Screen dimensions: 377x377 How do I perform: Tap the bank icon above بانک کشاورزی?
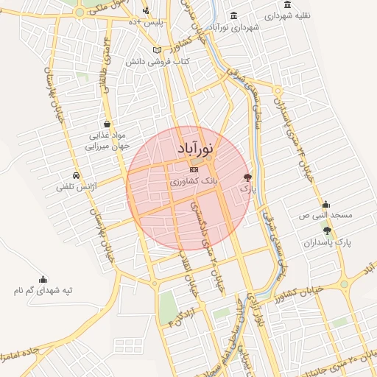click(x=194, y=169)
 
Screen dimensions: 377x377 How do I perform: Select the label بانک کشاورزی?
click(x=193, y=181)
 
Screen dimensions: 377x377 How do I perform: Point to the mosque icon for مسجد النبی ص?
click(x=325, y=204)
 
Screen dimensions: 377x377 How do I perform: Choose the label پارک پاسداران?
click(x=327, y=242)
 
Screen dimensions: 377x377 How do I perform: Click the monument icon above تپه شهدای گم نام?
click(x=43, y=279)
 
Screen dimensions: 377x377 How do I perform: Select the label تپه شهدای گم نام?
click(x=43, y=291)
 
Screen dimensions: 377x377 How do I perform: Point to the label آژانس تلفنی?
click(x=76, y=187)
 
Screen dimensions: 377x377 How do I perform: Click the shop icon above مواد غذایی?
click(x=108, y=124)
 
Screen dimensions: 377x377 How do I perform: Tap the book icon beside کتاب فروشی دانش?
click(x=155, y=49)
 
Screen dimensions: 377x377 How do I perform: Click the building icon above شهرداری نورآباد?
click(x=234, y=16)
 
